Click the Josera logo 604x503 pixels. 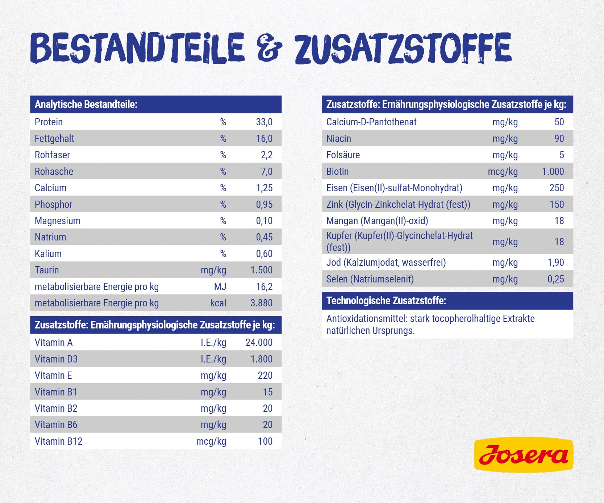523,455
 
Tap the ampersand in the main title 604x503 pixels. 269,48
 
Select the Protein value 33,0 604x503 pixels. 264,122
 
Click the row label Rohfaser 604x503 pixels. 52,155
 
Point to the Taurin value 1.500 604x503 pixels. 261,270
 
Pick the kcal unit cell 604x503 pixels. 218,303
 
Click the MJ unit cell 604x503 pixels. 220,287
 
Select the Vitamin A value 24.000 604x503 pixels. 259,343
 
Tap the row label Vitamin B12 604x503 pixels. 58,441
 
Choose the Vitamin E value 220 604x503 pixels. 265,376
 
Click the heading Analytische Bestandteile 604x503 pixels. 86,105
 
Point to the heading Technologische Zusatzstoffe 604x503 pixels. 386,301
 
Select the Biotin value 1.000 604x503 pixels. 553,172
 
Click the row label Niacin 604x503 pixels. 338,139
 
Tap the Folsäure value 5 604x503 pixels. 561,155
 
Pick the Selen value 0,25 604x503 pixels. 555,279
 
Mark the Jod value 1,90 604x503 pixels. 555,263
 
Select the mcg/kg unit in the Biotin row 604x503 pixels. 503,172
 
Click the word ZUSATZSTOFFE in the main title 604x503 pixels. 403,48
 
